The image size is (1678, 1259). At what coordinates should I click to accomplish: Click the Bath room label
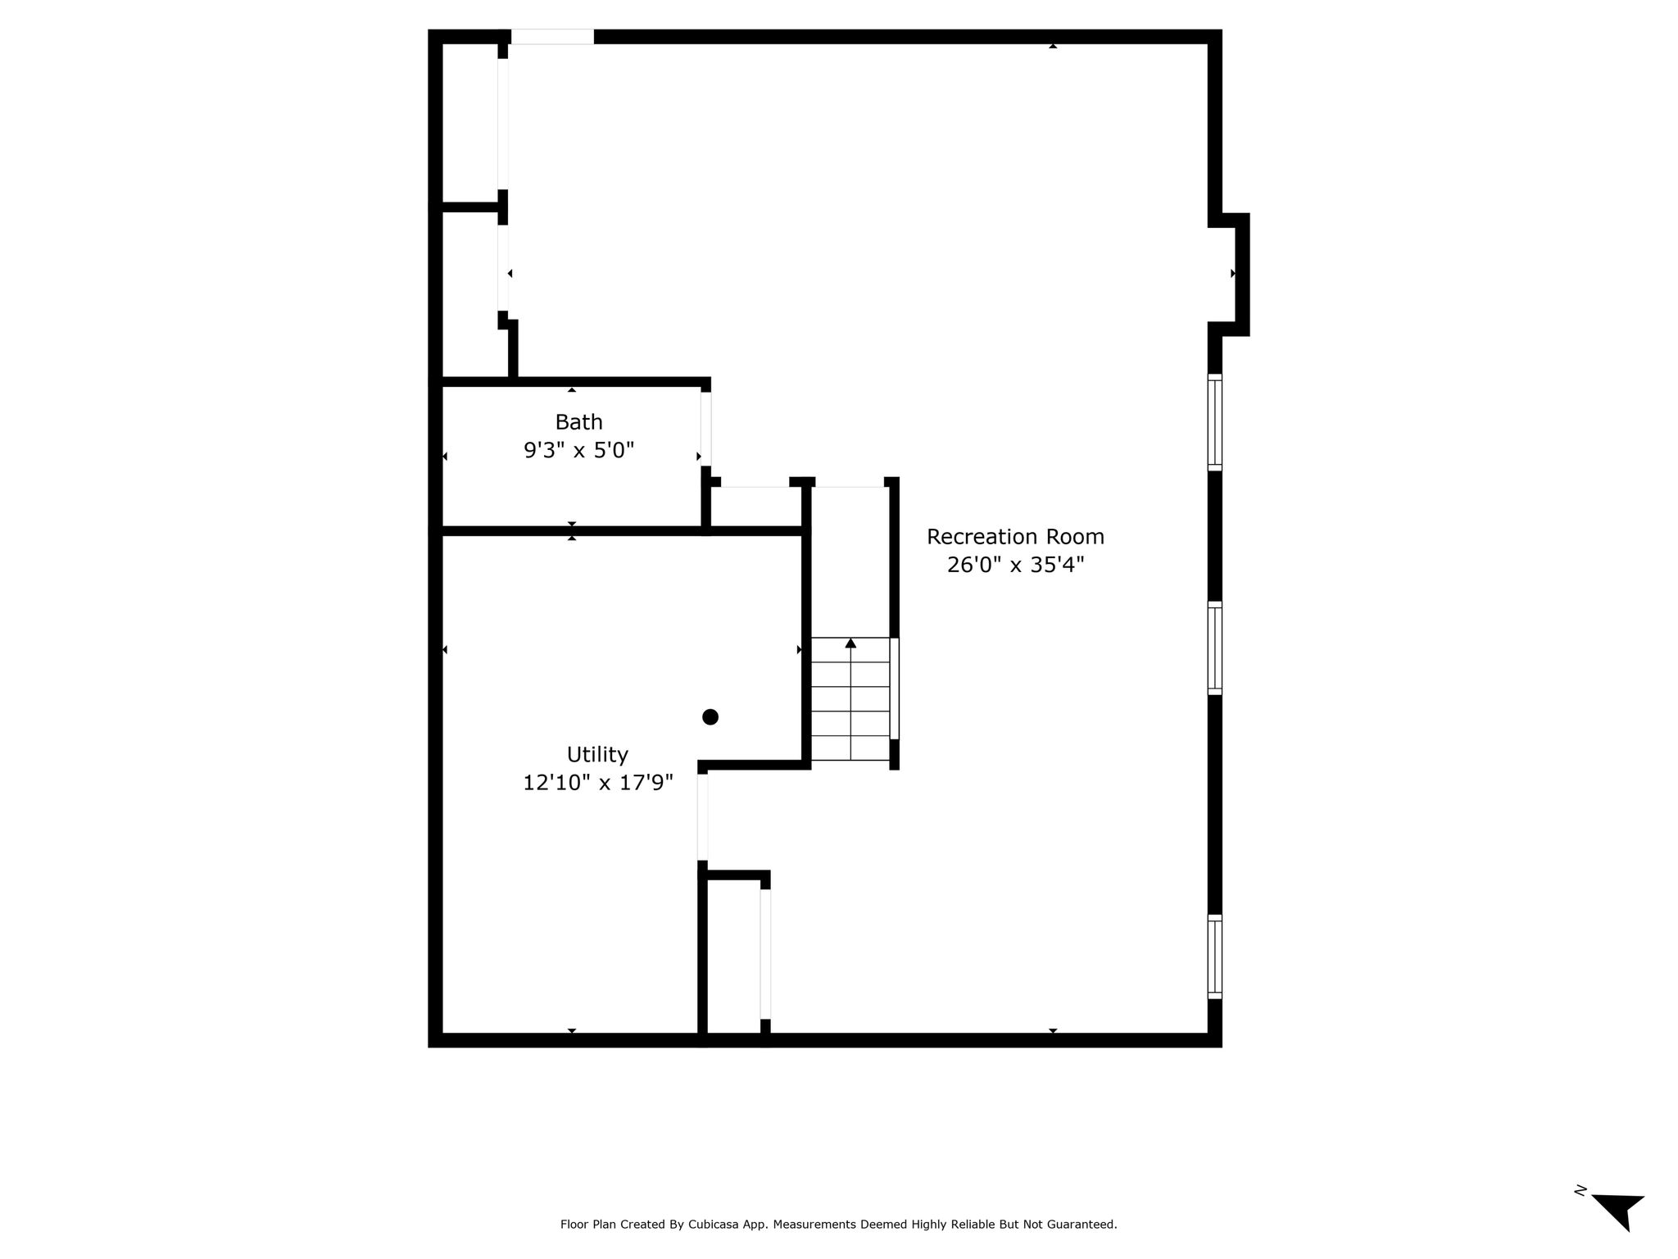(x=578, y=422)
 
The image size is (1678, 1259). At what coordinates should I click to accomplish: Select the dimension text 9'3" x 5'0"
(x=578, y=450)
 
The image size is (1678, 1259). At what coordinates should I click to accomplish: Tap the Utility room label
(x=597, y=755)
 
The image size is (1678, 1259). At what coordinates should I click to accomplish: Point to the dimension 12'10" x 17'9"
(x=598, y=783)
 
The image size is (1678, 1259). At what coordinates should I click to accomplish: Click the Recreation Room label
(x=1015, y=537)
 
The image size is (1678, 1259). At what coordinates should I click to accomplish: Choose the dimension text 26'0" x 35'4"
(x=1015, y=565)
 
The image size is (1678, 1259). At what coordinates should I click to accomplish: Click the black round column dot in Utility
(x=710, y=717)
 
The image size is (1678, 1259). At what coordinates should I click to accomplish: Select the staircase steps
(x=850, y=699)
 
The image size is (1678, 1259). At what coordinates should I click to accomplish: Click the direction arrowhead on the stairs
(x=850, y=643)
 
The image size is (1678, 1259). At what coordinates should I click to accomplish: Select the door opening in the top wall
(x=552, y=37)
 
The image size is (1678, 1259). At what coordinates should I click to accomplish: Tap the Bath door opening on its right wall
(x=705, y=430)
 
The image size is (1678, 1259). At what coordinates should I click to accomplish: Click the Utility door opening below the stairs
(x=702, y=817)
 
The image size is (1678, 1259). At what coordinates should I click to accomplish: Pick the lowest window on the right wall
(x=1215, y=957)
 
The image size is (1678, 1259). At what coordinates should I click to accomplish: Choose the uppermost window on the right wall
(x=1215, y=422)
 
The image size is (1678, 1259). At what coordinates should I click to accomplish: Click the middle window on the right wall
(x=1215, y=648)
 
